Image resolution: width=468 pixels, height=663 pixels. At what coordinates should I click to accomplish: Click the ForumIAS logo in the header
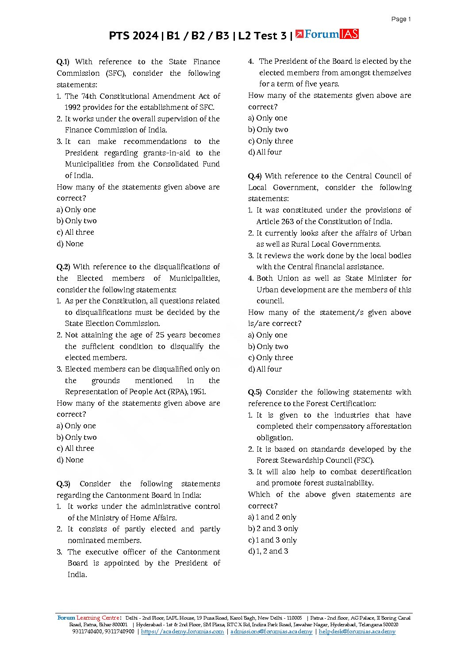point(327,34)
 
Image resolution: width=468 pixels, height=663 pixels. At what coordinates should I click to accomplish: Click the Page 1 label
point(401,19)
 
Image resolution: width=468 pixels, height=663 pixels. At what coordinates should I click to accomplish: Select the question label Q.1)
point(63,62)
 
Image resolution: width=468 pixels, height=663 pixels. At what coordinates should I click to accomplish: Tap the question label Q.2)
point(63,267)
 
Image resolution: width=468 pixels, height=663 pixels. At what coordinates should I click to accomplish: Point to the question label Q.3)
point(63,484)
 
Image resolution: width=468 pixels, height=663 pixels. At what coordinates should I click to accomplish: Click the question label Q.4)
point(254,176)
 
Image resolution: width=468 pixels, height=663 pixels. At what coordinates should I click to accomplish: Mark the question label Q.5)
point(254,392)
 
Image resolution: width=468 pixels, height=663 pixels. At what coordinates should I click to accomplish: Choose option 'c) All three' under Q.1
point(75,233)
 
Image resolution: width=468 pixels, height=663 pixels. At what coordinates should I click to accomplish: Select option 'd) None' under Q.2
point(70,460)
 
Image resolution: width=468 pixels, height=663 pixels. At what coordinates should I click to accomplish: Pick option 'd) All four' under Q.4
point(265,369)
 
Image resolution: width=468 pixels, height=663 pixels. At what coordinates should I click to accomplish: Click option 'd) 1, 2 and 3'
point(268,551)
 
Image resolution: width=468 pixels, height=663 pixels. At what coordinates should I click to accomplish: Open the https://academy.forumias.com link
point(182,632)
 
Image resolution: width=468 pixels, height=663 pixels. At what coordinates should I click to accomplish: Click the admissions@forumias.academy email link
point(271,632)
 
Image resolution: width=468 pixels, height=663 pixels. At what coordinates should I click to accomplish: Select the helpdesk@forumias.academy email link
point(357,632)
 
